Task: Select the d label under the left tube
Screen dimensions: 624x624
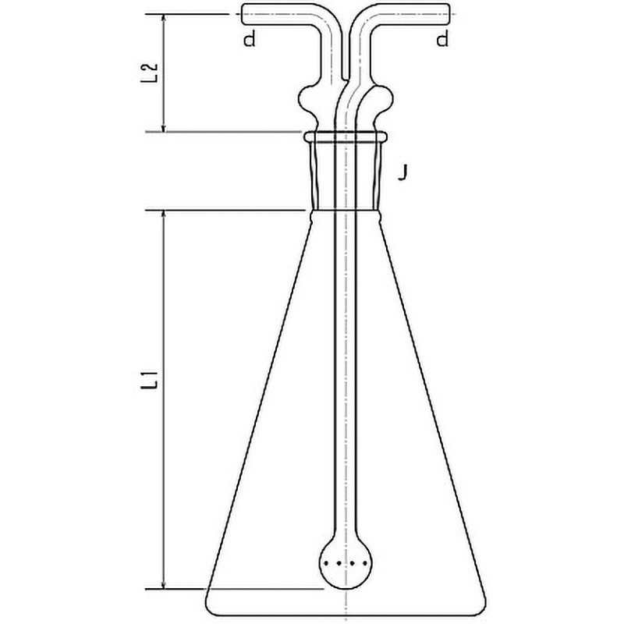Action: click(x=250, y=40)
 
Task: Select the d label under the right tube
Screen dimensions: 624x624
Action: click(x=442, y=40)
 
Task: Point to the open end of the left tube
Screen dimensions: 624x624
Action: click(x=243, y=14)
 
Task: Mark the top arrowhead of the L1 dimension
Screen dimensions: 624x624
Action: click(x=163, y=215)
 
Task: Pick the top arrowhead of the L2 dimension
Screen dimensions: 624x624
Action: click(x=163, y=17)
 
